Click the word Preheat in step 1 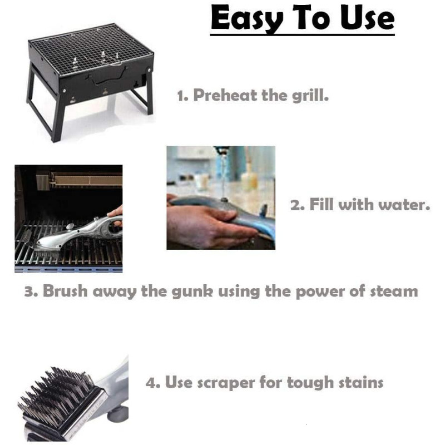225,95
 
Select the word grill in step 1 310,95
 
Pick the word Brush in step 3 66,291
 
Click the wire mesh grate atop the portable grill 89,50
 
